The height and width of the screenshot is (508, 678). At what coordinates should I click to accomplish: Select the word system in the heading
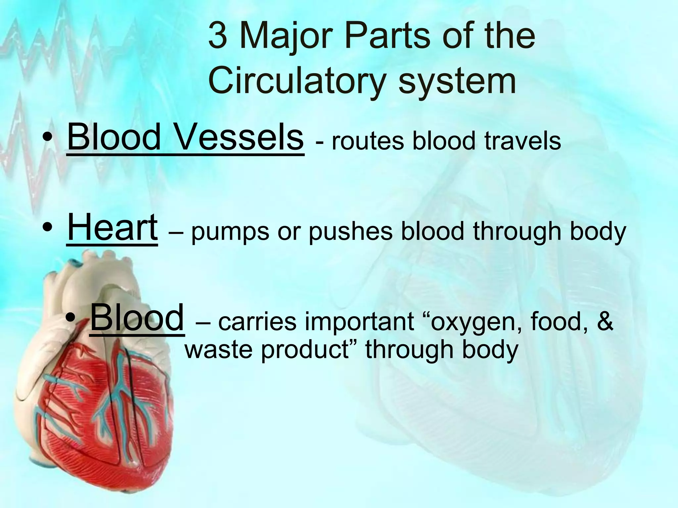[457, 81]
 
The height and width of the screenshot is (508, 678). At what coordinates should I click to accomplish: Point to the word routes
[368, 141]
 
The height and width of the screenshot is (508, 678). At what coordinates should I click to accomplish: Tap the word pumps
[230, 233]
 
